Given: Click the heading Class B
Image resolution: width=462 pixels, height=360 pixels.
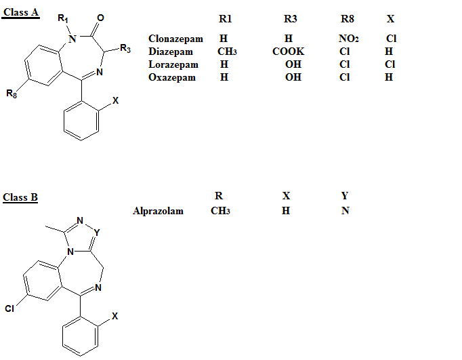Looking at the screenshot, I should tap(20, 197).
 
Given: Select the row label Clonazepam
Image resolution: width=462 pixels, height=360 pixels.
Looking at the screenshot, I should tap(175, 39).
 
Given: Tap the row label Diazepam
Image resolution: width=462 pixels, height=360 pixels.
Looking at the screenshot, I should tap(171, 52).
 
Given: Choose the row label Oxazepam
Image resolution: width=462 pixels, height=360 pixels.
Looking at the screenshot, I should tap(171, 77).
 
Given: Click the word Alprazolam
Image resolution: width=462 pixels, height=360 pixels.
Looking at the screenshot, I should tap(158, 211).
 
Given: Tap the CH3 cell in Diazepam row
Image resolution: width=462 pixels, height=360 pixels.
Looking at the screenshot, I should tap(226, 52).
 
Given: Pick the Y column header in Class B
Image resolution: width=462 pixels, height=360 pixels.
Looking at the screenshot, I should tap(345, 196).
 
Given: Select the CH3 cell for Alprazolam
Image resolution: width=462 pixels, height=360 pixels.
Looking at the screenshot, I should tap(220, 211).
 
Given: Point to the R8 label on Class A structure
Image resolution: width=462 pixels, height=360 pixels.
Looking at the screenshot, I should tap(12, 94).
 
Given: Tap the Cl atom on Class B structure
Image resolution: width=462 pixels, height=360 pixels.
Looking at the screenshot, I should tap(9, 308).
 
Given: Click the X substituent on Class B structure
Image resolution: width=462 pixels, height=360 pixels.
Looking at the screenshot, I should tap(114, 315).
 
